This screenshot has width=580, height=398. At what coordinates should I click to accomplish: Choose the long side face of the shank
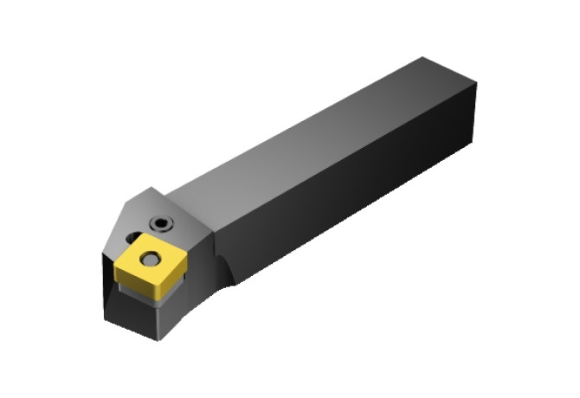coord(346,190)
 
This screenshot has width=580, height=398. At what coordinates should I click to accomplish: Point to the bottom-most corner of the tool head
coord(158,339)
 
